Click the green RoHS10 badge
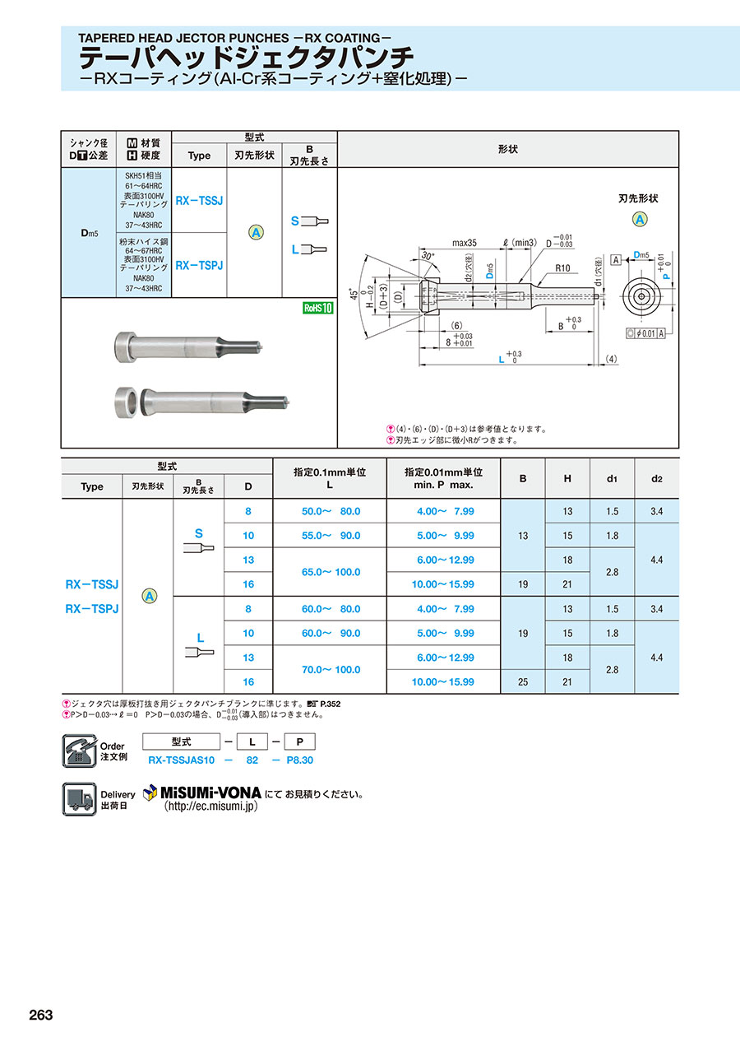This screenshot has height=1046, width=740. click(x=317, y=308)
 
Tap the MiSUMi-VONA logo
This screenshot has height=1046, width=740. click(x=202, y=793)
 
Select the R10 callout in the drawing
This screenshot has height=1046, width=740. click(x=562, y=268)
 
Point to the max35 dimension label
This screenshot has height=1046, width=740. click(x=465, y=243)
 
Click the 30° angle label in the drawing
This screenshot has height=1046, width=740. click(x=427, y=256)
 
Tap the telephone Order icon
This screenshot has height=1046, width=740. click(x=79, y=751)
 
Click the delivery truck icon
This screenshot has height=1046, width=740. click(x=79, y=799)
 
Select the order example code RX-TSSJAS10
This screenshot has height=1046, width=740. click(x=182, y=760)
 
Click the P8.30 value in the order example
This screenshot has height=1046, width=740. click(x=299, y=760)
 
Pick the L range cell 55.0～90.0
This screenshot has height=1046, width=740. click(x=331, y=536)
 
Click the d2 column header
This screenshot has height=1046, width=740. click(x=656, y=479)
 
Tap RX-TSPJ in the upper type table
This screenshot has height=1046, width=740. click(x=199, y=265)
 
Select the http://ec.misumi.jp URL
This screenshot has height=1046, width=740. click(x=210, y=807)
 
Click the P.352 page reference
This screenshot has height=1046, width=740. click(x=330, y=704)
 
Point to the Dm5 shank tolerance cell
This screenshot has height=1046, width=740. click(x=89, y=233)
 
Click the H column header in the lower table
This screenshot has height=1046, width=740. click(x=567, y=479)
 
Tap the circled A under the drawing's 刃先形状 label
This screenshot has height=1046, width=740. click(x=639, y=219)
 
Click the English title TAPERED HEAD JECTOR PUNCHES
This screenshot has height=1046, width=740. click(x=184, y=38)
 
